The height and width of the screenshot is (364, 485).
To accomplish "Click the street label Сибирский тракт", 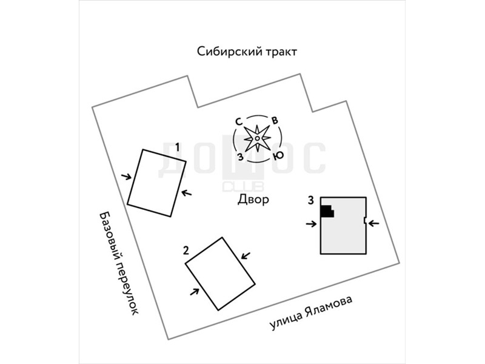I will pyautogui.click(x=247, y=52).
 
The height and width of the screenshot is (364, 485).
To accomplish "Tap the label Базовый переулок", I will pyautogui.click(x=119, y=262).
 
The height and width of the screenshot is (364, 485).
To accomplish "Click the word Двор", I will pyautogui.click(x=253, y=200).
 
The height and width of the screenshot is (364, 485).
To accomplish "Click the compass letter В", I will pyautogui.click(x=275, y=120).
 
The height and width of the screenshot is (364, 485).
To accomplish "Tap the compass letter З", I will pyautogui.click(x=241, y=157).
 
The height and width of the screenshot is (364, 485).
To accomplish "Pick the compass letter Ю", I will pyautogui.click(x=278, y=155).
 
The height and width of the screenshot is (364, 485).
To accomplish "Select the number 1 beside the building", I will pyautogui.click(x=177, y=146).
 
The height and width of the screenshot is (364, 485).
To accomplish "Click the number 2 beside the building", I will pyautogui.click(x=186, y=249).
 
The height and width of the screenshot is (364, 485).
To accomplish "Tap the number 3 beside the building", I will pyautogui.click(x=310, y=200).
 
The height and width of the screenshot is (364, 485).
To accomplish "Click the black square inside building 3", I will pyautogui.click(x=327, y=211).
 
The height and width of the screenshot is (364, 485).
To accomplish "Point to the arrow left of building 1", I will pyautogui.click(x=126, y=177).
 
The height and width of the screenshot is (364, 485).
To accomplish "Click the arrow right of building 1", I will pyautogui.click(x=187, y=194).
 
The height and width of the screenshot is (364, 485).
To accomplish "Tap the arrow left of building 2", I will pyautogui.click(x=195, y=292).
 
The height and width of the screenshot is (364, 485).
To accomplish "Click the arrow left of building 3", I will pyautogui.click(x=311, y=224).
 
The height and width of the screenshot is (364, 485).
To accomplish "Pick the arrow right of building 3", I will pyautogui.click(x=374, y=223).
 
